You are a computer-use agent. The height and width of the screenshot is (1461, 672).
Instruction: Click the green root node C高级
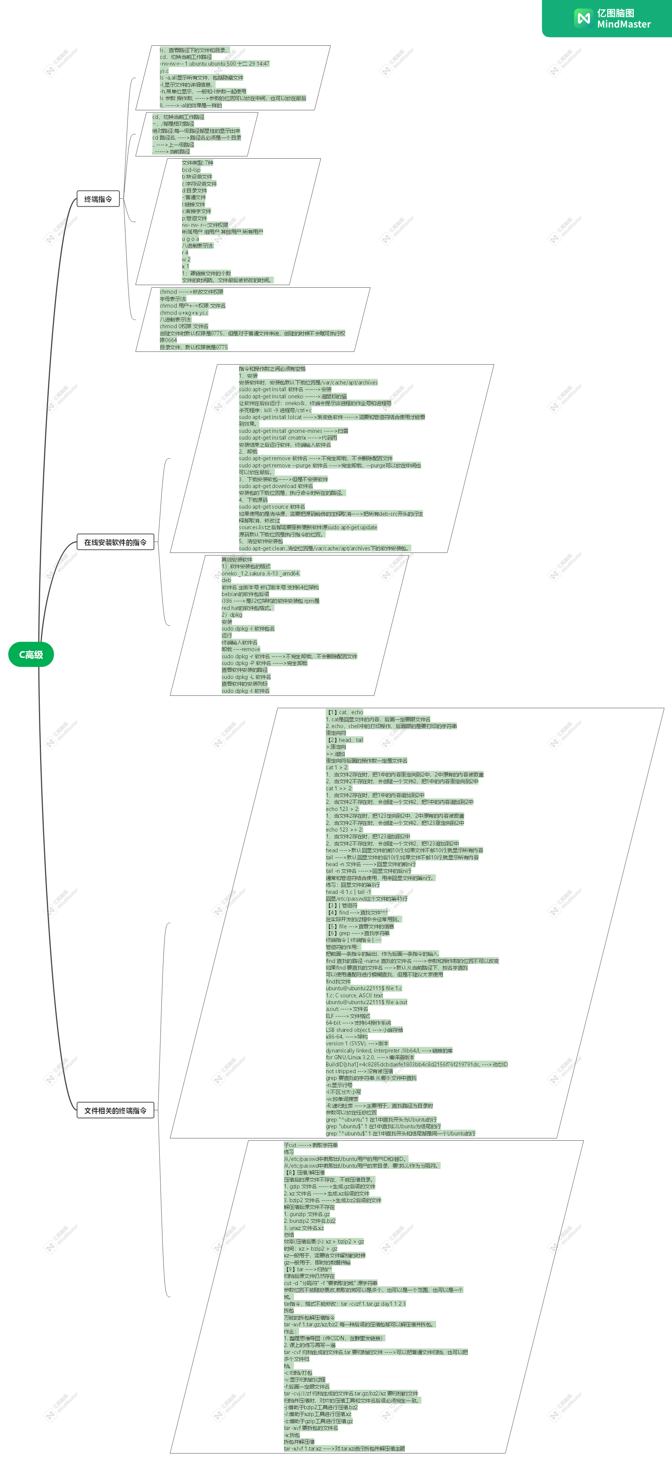[x=31, y=655]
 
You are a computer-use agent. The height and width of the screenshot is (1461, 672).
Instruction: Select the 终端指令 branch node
[x=98, y=199]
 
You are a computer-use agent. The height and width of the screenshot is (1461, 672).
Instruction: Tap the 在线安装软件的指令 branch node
[x=115, y=542]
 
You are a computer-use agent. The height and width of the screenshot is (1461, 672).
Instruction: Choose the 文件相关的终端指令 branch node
[x=115, y=1111]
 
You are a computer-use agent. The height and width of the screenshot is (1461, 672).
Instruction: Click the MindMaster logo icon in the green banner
[x=582, y=18]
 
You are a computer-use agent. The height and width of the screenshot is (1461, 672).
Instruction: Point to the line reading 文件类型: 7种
[x=197, y=163]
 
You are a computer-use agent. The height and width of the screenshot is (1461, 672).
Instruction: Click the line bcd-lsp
[x=191, y=170]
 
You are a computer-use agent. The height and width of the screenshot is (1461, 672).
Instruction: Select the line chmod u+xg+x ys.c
[x=184, y=312]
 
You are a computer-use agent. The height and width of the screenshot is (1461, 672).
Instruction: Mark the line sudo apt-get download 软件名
[x=276, y=486]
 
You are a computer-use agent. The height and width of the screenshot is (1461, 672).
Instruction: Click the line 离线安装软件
[x=237, y=560]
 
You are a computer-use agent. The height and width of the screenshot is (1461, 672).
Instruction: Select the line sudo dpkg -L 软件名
[x=246, y=677]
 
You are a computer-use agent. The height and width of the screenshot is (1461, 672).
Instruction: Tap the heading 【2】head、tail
[x=344, y=740]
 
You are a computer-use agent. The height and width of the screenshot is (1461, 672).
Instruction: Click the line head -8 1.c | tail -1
[x=348, y=892]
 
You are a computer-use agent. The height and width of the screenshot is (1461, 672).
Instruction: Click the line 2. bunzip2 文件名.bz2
[x=310, y=1221]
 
